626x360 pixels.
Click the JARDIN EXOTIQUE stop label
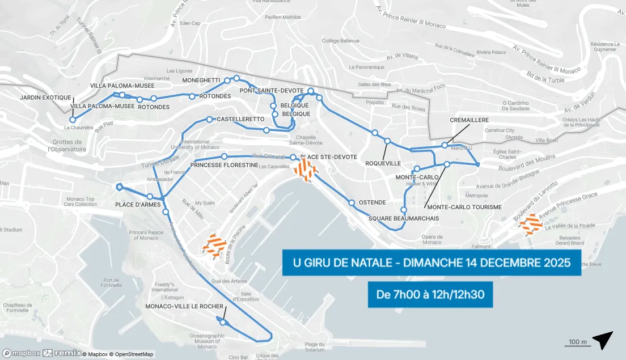click(x=45, y=98)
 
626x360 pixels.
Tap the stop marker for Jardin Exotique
click(x=73, y=120)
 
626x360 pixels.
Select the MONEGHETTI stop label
click(x=201, y=81)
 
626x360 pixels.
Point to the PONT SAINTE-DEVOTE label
click(x=273, y=91)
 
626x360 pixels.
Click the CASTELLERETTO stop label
click(x=240, y=119)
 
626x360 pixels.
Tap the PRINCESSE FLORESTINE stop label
click(x=225, y=166)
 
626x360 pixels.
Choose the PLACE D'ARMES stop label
click(x=138, y=205)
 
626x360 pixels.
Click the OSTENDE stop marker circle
click(x=352, y=202)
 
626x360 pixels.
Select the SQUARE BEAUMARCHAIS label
click(x=403, y=218)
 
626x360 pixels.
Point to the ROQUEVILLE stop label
click(x=384, y=163)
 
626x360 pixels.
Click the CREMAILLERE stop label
click(x=469, y=120)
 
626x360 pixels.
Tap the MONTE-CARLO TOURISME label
click(x=464, y=207)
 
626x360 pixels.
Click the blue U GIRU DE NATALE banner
click(x=432, y=263)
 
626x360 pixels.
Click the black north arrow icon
click(x=603, y=340)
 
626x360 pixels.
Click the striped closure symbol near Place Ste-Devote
click(x=306, y=170)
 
